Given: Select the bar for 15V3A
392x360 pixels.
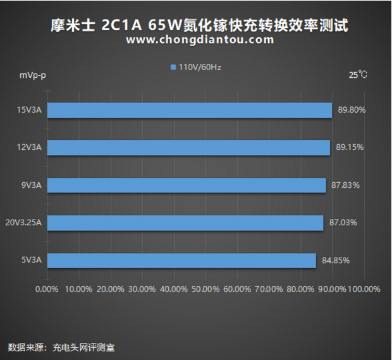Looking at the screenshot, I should tap(190, 110).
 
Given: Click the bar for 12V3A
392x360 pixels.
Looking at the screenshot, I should tap(188, 147).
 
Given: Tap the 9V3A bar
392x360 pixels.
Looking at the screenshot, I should tap(187, 185).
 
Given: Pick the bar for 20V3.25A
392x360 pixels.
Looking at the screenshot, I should tap(185, 223).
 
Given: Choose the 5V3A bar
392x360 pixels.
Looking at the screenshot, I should tap(181, 260).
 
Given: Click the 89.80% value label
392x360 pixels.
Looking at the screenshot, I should tap(352, 110).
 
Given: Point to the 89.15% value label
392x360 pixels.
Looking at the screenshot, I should tap(350, 147).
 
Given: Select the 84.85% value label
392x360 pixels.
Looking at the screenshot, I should tap(336, 260).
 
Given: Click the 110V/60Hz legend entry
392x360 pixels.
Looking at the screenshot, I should tap(195, 67).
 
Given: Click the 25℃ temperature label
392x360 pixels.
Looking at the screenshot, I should tap(357, 75).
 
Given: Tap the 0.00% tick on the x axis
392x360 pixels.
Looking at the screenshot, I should tap(47, 289).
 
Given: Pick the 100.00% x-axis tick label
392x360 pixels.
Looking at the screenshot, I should tap(364, 289).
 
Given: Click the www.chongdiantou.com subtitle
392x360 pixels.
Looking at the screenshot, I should tap(200, 40).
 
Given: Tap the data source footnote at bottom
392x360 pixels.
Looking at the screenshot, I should tap(61, 347).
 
